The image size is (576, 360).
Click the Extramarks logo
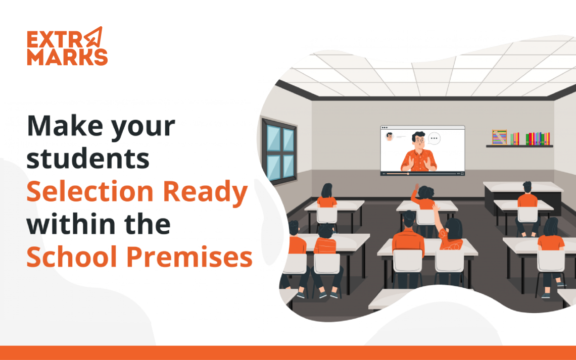coord(67,46)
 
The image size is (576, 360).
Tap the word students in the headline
coord(88,159)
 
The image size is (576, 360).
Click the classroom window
coord(279,151)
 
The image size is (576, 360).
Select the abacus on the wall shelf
coord(500,137)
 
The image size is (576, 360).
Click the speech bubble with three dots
coord(434,139)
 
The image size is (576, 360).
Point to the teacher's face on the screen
coord(418,141)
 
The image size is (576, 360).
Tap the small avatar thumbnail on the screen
coord(390,136)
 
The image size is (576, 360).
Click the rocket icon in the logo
coord(94,37)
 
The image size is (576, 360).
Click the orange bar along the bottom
coord(288,352)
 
